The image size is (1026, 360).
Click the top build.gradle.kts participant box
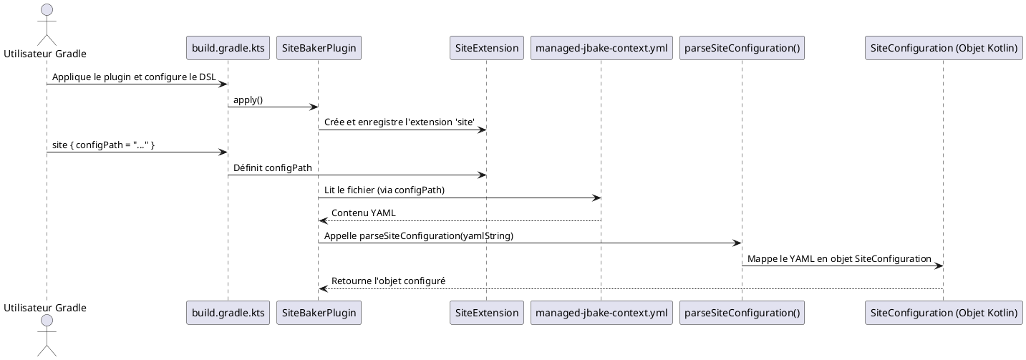(228, 48)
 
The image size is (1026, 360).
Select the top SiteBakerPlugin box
(318, 48)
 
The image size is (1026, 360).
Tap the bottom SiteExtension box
(486, 313)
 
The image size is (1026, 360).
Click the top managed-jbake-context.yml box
(601, 48)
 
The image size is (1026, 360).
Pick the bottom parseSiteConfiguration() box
(742, 313)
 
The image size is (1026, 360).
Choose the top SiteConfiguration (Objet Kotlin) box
(943, 48)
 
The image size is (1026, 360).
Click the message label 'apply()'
(248, 99)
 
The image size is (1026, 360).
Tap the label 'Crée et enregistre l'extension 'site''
(399, 122)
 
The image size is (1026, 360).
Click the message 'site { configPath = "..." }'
(103, 145)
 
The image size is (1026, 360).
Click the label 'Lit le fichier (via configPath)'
(384, 190)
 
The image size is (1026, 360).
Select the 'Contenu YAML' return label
(363, 213)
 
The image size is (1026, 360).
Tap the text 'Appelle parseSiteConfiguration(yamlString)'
(418, 235)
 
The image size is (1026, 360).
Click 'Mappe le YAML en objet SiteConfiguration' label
(839, 258)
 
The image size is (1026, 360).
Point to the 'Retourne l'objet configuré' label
(388, 281)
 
